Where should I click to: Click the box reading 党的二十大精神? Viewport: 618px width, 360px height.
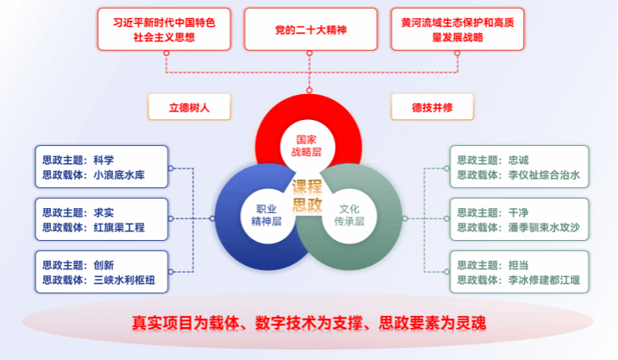pyautogui.click(x=309, y=29)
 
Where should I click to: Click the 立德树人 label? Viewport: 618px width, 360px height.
pyautogui.click(x=189, y=106)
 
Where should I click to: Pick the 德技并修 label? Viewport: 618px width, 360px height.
pyautogui.click(x=432, y=106)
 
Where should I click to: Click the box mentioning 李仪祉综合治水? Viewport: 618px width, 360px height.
pyautogui.click(x=519, y=167)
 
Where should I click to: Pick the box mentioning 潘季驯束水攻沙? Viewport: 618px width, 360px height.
pyautogui.click(x=519, y=220)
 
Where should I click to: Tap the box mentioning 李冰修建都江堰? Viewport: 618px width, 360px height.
pyautogui.click(x=519, y=272)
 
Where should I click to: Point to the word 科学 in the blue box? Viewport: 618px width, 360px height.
pyautogui.click(x=104, y=160)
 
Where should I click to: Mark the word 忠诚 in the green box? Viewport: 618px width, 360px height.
pyautogui.click(x=518, y=160)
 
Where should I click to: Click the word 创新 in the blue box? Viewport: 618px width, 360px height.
pyautogui.click(x=104, y=264)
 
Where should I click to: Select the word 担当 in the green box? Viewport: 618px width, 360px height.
pyautogui.click(x=518, y=264)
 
